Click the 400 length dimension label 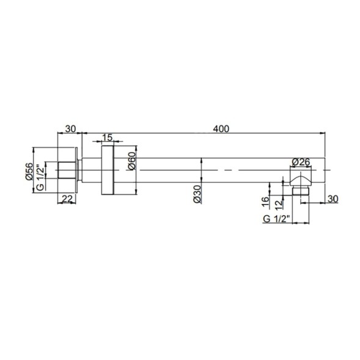tap(221, 129)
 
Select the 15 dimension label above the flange tap(107, 138)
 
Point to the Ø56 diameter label tap(29, 171)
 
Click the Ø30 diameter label tap(197, 194)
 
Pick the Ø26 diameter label tap(301, 162)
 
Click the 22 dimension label tap(67, 199)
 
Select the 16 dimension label tap(265, 202)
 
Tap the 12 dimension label tap(278, 204)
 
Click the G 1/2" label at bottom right tap(275, 219)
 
